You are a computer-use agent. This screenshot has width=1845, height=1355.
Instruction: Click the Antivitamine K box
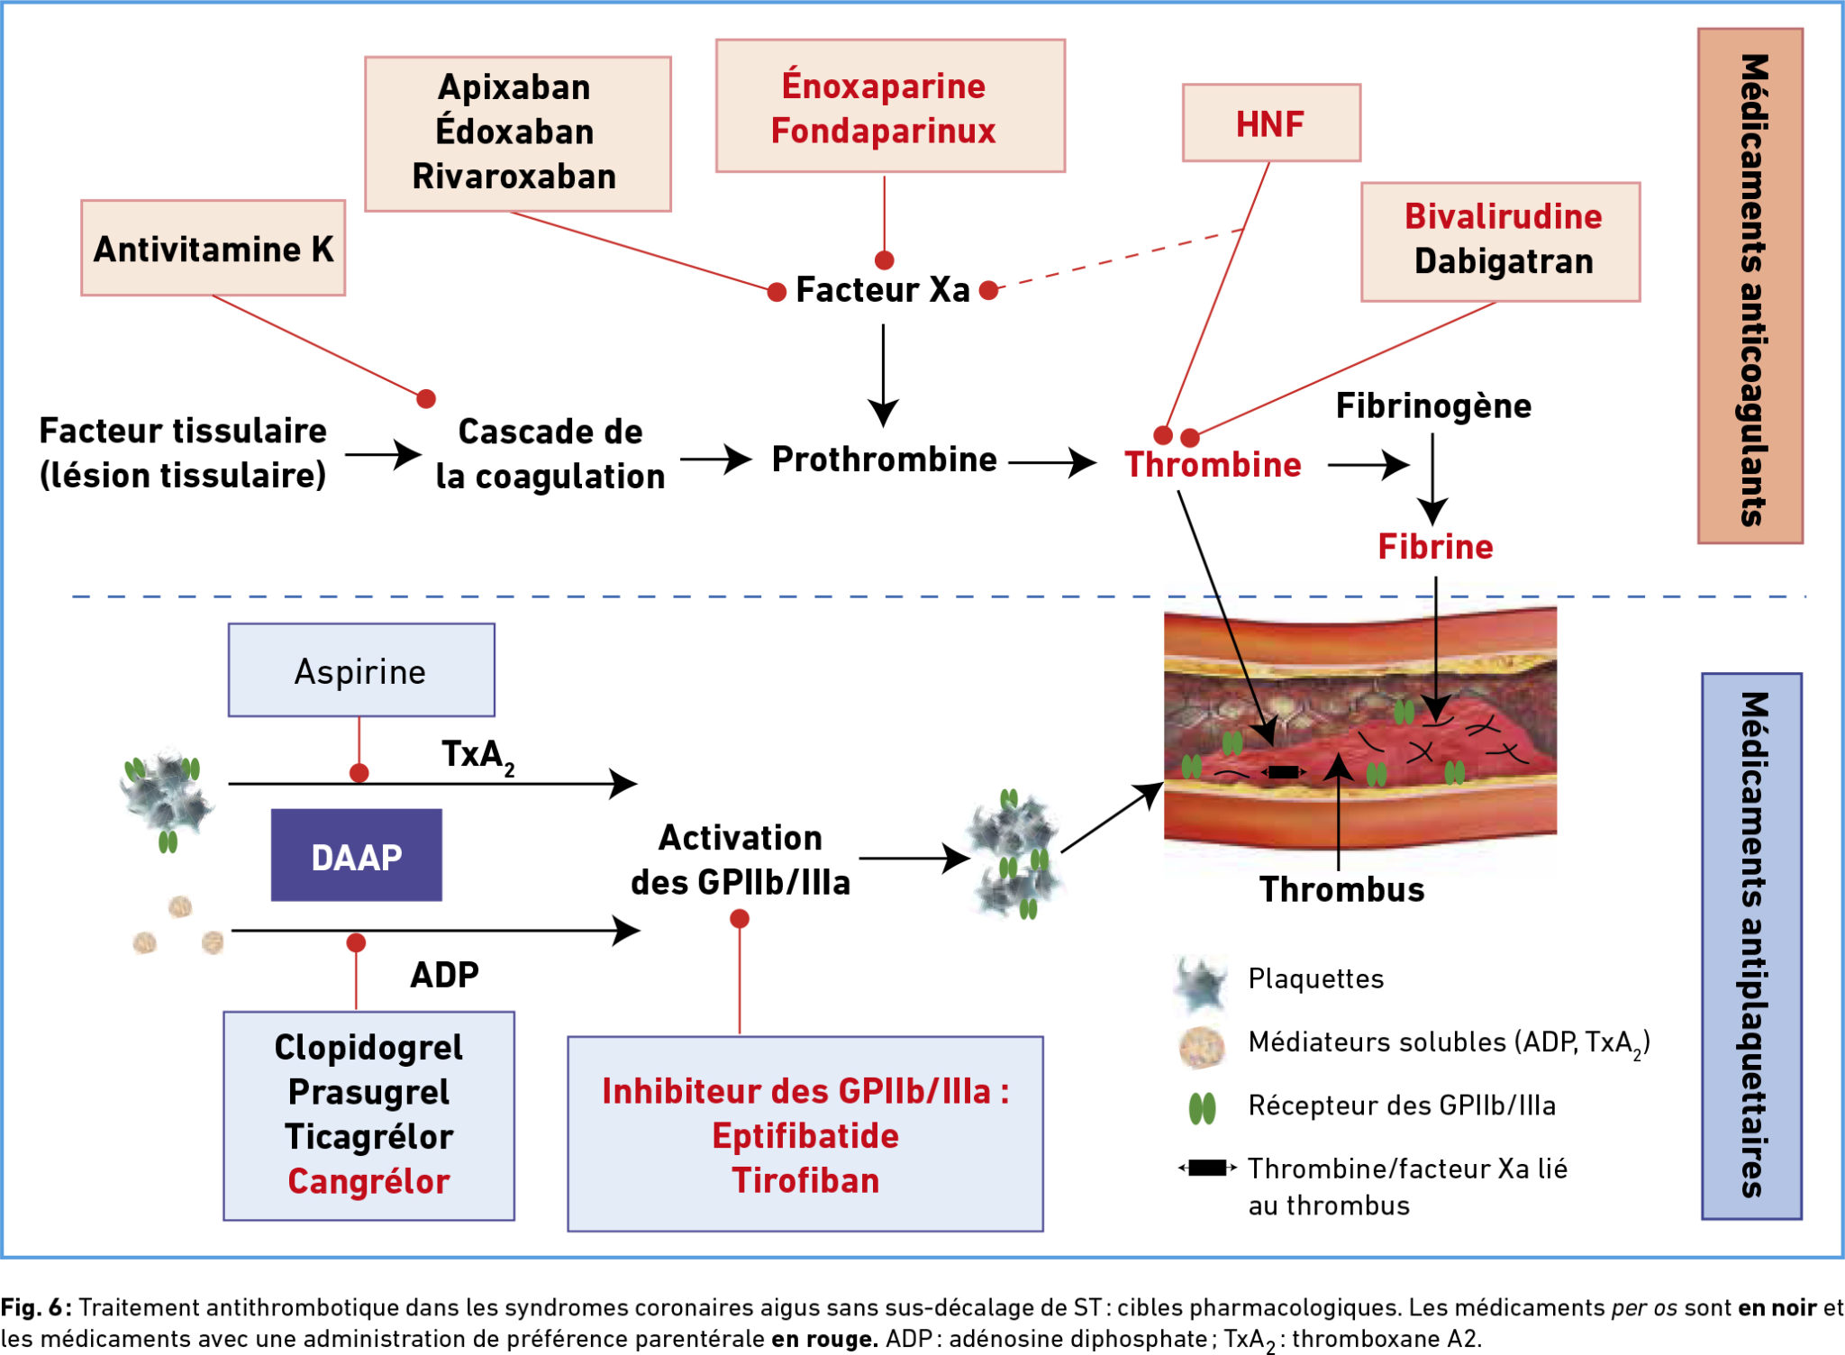[214, 249]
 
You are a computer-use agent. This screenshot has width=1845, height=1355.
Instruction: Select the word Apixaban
[514, 87]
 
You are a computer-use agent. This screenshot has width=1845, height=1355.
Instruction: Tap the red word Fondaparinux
[883, 132]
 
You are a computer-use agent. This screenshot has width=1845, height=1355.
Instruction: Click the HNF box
[1270, 123]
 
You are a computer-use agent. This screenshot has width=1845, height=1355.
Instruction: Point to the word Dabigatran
[1504, 261]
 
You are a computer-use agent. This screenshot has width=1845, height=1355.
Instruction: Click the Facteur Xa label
[883, 290]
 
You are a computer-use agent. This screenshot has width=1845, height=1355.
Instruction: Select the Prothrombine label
[884, 459]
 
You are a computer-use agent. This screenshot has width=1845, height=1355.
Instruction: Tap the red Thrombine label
[1213, 465]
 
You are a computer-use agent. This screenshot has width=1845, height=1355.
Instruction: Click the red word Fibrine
[1435, 547]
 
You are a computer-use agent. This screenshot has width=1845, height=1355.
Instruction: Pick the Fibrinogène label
[1433, 406]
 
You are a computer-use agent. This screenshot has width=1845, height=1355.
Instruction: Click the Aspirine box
[360, 671]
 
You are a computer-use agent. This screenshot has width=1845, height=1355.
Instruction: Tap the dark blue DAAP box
[357, 856]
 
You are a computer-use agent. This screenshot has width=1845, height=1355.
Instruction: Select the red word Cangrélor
[368, 1181]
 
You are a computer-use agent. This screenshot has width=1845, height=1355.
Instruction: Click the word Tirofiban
[805, 1181]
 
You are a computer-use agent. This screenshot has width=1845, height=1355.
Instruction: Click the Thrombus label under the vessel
[1341, 890]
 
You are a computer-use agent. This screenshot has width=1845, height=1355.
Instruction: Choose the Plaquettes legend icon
[1202, 981]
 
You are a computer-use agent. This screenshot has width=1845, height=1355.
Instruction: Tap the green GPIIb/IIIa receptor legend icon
[1202, 1108]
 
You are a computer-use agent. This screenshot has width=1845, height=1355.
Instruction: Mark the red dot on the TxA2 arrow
[359, 773]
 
